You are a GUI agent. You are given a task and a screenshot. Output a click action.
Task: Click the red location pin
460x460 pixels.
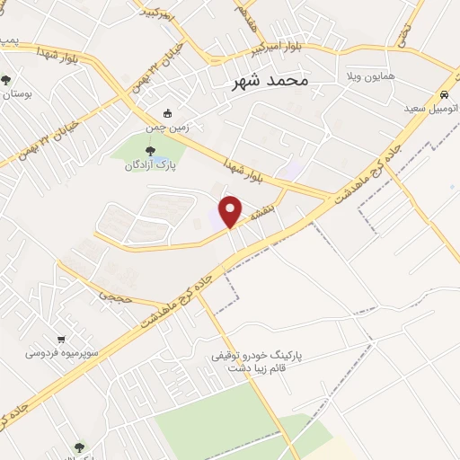(231, 211)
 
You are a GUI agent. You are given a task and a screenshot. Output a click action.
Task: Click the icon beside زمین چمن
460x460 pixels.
(167, 114)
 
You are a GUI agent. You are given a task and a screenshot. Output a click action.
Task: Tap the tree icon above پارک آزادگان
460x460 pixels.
(149, 150)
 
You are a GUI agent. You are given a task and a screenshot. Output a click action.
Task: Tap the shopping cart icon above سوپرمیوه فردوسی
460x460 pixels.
(60, 340)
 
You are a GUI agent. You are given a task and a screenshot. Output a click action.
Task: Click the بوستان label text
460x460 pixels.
(15, 93)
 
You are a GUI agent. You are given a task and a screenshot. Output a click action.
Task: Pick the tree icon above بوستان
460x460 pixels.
(7, 80)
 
